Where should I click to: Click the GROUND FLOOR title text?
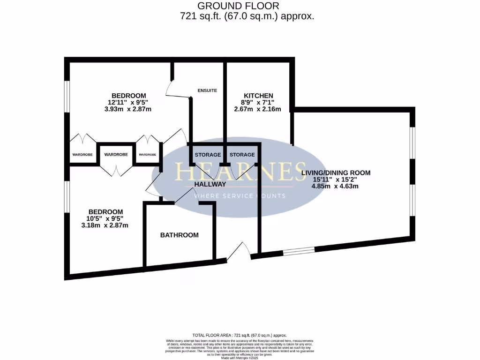238,6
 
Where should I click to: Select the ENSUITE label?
207,90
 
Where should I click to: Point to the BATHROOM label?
180,235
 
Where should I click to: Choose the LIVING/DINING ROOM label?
336,172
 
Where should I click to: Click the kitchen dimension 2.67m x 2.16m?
257,109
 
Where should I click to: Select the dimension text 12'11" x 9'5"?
128,102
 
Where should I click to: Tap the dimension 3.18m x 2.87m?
105,225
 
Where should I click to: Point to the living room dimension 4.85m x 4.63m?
335,186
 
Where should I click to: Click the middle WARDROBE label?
117,154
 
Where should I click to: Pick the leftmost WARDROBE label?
82,154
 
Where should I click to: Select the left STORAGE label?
208,155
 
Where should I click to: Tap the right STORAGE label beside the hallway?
242,155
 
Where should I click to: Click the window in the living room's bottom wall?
299,251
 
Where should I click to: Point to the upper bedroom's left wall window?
67,97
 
